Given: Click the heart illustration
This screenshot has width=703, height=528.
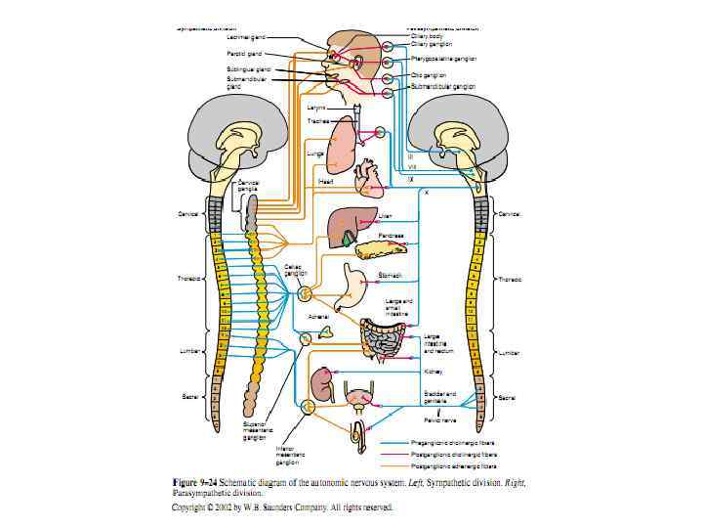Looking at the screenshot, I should [x=367, y=179].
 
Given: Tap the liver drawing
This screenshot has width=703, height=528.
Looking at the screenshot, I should [x=349, y=227].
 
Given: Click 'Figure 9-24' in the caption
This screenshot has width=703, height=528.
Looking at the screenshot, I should [x=195, y=483].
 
